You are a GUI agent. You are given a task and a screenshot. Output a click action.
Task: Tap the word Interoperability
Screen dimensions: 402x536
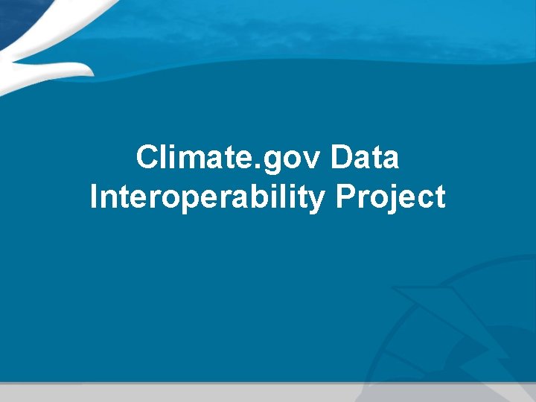(x=207, y=197)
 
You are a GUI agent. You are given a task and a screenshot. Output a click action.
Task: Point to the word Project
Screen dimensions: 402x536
(x=391, y=197)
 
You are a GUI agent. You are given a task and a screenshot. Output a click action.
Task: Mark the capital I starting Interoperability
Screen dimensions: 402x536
(x=94, y=197)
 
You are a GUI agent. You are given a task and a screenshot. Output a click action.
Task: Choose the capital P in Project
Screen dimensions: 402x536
(x=346, y=197)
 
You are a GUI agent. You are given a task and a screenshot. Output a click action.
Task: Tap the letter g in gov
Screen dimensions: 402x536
(x=282, y=162)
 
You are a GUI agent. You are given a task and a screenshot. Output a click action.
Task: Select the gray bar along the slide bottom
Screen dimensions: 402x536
(x=268, y=392)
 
